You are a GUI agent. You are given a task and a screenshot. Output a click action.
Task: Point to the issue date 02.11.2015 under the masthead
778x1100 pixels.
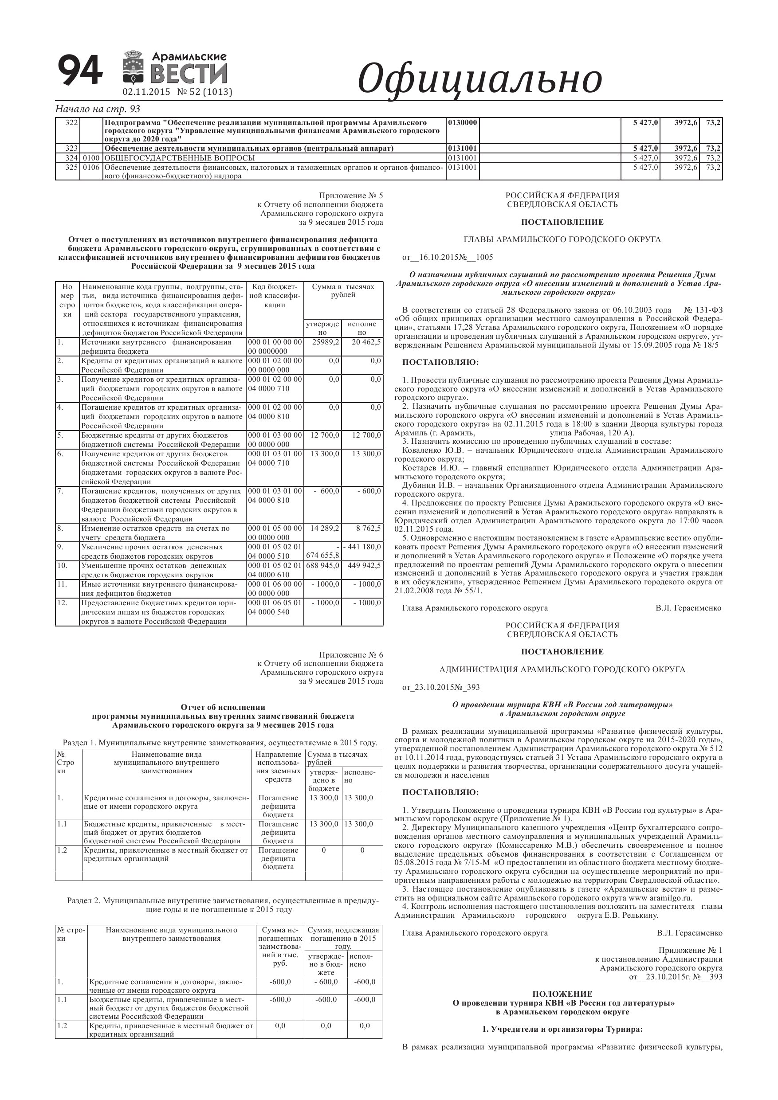pyautogui.click(x=147, y=92)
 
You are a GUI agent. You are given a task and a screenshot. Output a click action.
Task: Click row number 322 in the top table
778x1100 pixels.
pyautogui.click(x=71, y=123)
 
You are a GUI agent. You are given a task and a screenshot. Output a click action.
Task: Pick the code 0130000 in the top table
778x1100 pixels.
pyautogui.click(x=463, y=123)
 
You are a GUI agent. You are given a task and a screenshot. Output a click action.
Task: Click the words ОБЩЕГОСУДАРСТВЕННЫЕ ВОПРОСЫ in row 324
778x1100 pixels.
pyautogui.click(x=179, y=158)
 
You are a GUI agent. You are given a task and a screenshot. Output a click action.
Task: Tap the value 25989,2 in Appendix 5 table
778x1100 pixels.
pyautogui.click(x=326, y=342)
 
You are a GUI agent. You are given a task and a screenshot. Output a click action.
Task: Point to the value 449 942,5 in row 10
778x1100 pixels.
pyautogui.click(x=364, y=565)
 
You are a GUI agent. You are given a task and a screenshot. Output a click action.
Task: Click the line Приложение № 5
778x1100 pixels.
pyautogui.click(x=351, y=196)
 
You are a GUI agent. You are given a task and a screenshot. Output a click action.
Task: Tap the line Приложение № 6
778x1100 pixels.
pyautogui.click(x=351, y=655)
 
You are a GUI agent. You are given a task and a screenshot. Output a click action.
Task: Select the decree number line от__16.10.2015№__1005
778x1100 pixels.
pyautogui.click(x=448, y=257)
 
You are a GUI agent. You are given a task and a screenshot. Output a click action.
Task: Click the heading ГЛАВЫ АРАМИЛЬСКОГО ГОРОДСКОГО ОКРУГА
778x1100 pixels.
pyautogui.click(x=562, y=239)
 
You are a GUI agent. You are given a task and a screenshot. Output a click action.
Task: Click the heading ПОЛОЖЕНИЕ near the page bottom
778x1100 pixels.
pyautogui.click(x=562, y=994)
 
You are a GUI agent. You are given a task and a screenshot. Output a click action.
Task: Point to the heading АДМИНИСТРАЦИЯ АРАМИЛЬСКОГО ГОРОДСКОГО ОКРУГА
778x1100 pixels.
pyautogui.click(x=562, y=669)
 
